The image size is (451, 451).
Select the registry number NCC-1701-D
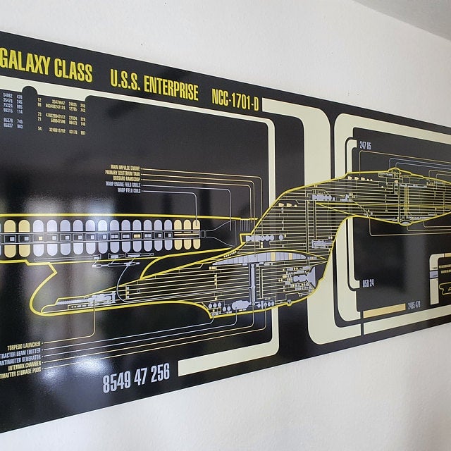pos(235,99)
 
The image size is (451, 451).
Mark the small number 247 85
pos(365,146)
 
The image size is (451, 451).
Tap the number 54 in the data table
pos(39,129)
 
